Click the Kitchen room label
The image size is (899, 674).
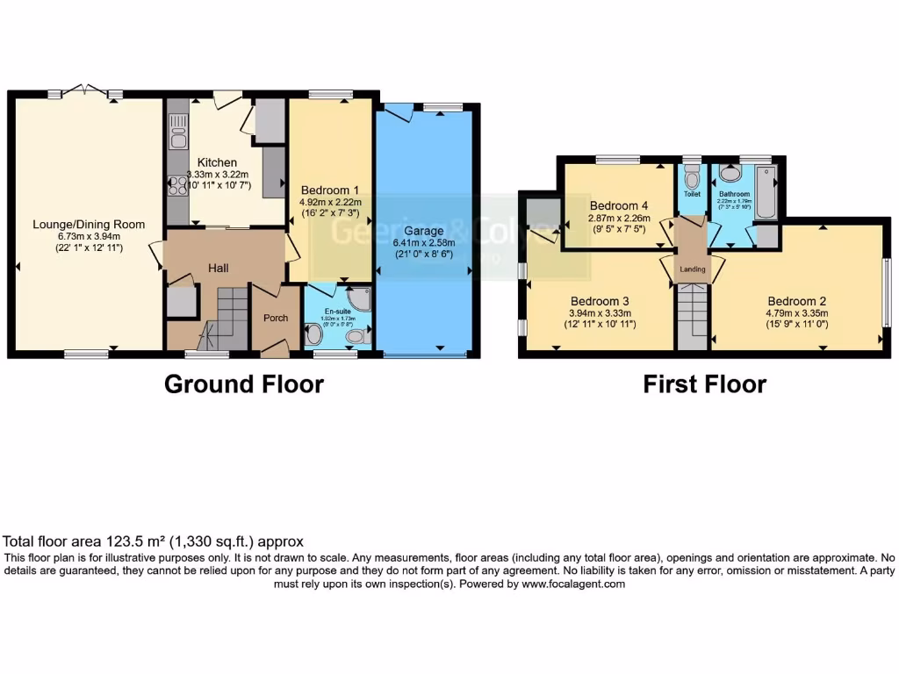[217, 162]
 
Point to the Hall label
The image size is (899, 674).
[218, 267]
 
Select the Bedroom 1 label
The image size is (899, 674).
[329, 190]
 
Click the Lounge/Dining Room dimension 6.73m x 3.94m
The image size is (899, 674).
[89, 236]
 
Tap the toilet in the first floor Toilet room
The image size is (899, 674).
[692, 181]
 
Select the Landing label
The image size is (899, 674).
[693, 269]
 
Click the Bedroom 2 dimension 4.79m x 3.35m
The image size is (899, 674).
[797, 312]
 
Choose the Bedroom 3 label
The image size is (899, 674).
[600, 300]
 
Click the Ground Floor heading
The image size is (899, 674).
[244, 384]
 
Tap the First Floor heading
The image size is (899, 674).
[705, 384]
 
